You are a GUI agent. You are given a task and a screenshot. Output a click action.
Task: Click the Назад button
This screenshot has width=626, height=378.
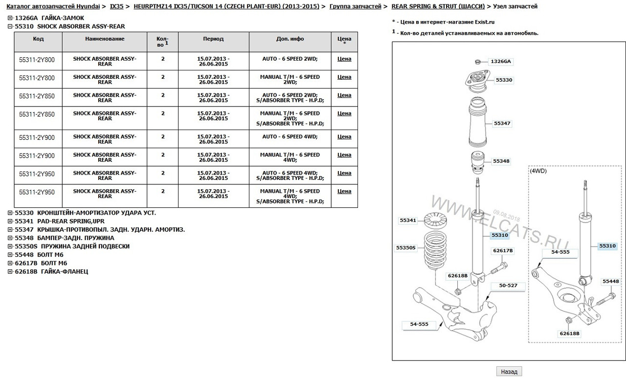[509, 372]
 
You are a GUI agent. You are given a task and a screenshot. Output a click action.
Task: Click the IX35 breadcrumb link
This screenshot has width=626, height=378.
[116, 6]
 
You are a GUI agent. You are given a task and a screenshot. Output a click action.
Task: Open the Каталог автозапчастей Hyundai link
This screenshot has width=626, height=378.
[53, 6]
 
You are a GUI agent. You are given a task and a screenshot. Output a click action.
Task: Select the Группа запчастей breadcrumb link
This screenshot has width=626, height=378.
[356, 6]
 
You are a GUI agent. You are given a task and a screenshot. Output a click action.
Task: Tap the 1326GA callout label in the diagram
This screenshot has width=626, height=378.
[501, 62]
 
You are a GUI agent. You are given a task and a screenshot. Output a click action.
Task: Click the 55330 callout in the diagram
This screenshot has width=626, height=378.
[504, 80]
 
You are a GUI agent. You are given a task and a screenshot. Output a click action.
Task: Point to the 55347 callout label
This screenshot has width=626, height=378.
[502, 124]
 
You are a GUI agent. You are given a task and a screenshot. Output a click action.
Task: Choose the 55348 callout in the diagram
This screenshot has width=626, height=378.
[501, 161]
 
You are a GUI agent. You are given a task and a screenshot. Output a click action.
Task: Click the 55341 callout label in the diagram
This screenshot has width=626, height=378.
[407, 221]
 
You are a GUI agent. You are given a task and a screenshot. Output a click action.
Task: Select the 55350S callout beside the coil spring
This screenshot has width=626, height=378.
[405, 248]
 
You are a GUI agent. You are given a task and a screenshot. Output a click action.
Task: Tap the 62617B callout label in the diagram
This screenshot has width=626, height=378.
[503, 250]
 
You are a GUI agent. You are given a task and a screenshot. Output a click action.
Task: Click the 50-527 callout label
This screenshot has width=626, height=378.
[509, 285]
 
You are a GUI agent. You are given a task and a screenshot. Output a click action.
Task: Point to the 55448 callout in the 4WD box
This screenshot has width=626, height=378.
[610, 281]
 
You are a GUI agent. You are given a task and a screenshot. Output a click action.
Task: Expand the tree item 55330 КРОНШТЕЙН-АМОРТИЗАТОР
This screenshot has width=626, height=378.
[10, 213]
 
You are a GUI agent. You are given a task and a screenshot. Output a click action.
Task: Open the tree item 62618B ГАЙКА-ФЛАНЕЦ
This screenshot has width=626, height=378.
[10, 271]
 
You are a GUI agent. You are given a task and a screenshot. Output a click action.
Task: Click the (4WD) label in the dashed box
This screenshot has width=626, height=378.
[538, 171]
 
